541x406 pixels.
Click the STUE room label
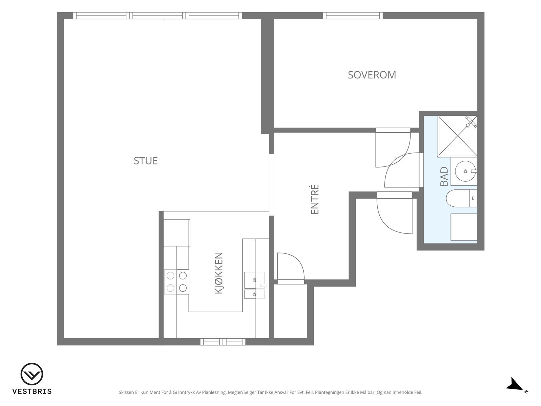coord(146,161)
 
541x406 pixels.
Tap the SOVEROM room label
coord(372,75)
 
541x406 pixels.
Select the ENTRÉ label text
coord(315,199)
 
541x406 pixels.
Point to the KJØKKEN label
coord(219,273)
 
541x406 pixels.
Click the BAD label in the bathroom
coord(444,176)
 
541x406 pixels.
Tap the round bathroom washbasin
coord(465,171)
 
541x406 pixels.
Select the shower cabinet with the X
coord(457,136)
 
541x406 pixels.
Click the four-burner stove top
coord(177,282)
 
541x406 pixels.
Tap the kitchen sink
coord(255,285)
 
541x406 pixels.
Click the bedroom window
coord(353,16)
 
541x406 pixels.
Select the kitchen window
coord(223,342)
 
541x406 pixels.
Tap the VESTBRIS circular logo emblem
coord(32,374)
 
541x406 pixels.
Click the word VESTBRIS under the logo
coord(32,391)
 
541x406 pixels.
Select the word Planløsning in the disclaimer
coord(214,392)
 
